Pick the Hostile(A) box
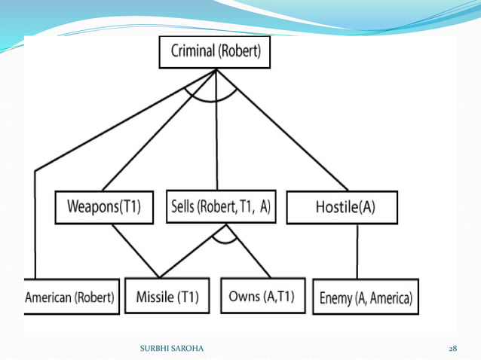pos(342,207)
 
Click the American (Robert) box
pos(71,297)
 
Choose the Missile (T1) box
pos(167,297)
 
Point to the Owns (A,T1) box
pos(262,296)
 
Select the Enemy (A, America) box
pos(365,297)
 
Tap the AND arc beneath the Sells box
pos(224,242)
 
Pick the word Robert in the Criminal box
pos(241,52)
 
